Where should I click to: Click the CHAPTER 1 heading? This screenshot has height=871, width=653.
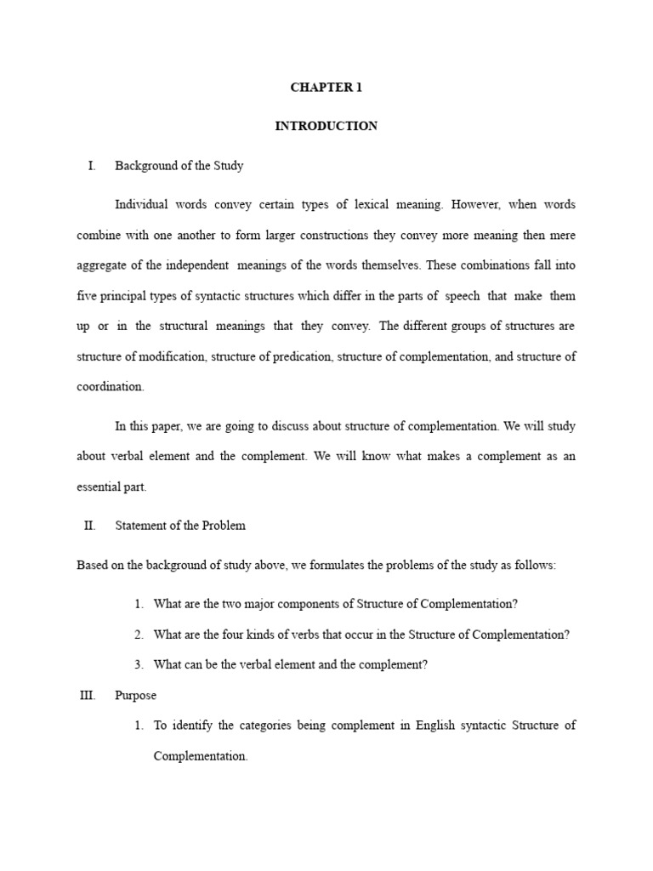click(x=326, y=87)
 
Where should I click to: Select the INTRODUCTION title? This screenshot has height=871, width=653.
click(x=326, y=126)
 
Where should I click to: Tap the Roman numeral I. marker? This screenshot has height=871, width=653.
click(x=92, y=166)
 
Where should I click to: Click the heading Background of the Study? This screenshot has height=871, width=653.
click(x=179, y=166)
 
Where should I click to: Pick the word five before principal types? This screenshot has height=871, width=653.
click(x=87, y=296)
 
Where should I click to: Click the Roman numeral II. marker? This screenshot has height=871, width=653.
click(x=90, y=526)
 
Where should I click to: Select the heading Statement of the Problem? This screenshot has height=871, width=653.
click(x=180, y=526)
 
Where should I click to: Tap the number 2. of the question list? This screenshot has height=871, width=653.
click(x=139, y=635)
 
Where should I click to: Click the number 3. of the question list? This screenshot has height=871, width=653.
click(x=139, y=664)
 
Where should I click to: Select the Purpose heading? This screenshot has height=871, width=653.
click(x=136, y=696)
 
